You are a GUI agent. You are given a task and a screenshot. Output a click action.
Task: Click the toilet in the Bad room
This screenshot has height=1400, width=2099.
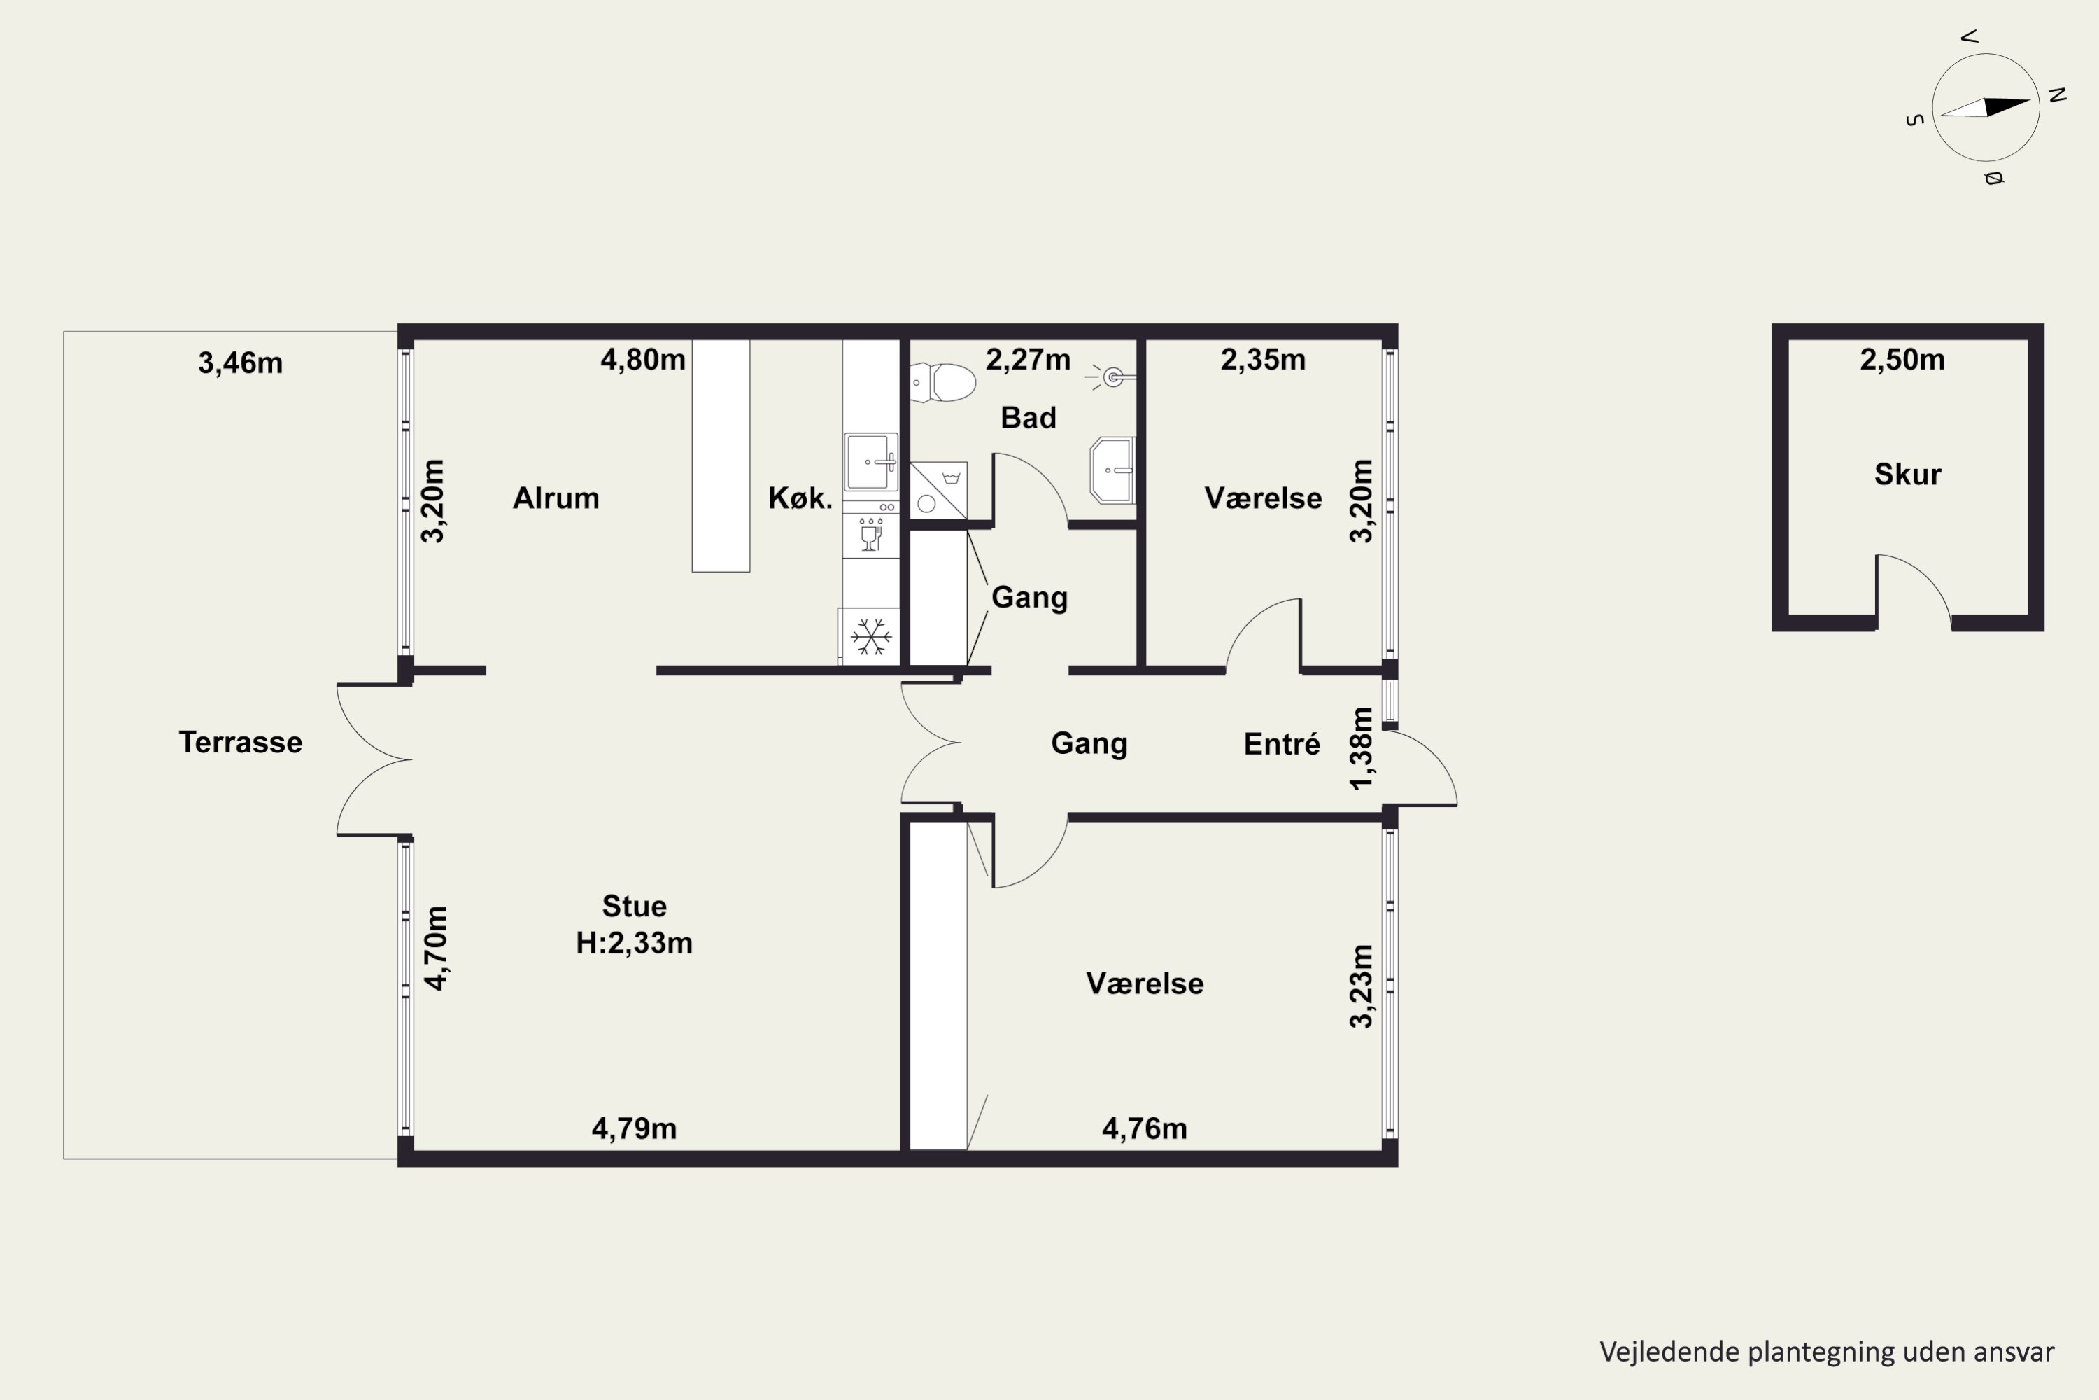point(942,382)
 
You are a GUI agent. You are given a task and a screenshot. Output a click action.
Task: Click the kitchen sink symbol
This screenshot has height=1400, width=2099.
point(871,461)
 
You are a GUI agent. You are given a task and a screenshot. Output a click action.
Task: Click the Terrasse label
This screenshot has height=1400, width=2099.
point(240,742)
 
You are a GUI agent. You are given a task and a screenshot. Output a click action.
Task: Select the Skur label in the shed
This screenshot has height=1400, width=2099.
point(1907,474)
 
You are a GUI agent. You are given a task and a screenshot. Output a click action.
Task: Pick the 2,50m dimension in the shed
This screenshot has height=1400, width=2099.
point(1902,360)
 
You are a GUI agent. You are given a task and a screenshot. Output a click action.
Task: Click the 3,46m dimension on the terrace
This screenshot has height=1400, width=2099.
point(240,363)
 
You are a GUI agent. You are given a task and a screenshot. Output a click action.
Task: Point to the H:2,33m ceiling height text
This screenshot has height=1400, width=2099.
point(634,943)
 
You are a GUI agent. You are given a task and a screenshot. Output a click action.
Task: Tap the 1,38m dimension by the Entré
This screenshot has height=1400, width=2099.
point(1361,748)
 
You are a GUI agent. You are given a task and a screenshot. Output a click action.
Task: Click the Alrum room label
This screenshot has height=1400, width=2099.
point(556,498)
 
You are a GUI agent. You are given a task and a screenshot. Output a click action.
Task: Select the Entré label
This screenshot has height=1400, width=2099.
point(1282,743)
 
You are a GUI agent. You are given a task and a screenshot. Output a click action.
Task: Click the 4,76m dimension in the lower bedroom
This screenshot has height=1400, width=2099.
point(1144,1128)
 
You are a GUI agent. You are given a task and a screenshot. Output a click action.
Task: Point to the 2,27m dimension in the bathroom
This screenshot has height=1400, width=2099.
point(1028,360)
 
